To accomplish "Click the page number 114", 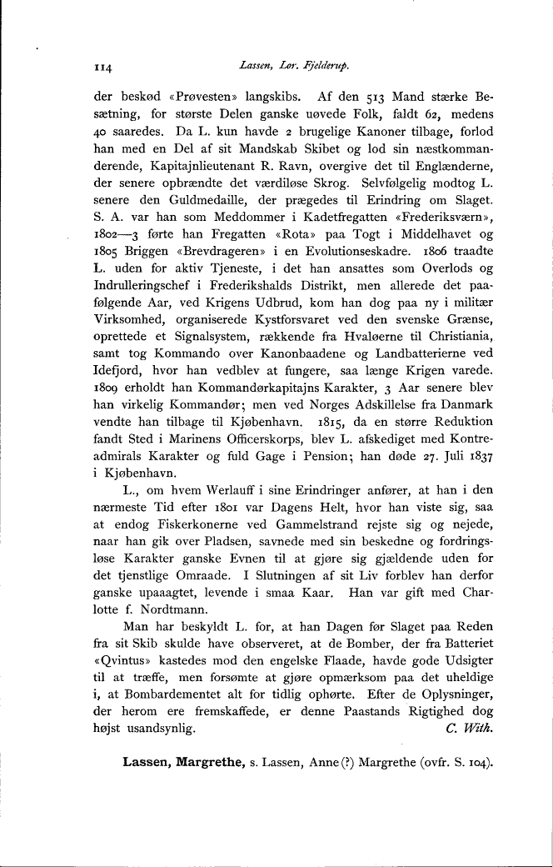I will pos(102,65).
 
